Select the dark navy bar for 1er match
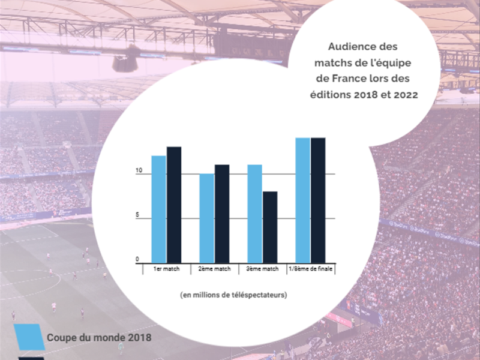click(x=174, y=205)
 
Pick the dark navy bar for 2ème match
click(x=222, y=214)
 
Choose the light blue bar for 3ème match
click(x=254, y=214)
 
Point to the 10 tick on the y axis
click(x=138, y=171)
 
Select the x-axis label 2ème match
click(x=214, y=269)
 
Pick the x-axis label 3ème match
click(x=262, y=269)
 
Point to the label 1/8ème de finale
click(x=310, y=269)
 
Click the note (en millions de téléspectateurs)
click(x=233, y=295)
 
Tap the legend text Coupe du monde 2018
click(x=99, y=337)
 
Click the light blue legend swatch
click(x=29, y=337)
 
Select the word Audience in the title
click(x=352, y=46)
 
